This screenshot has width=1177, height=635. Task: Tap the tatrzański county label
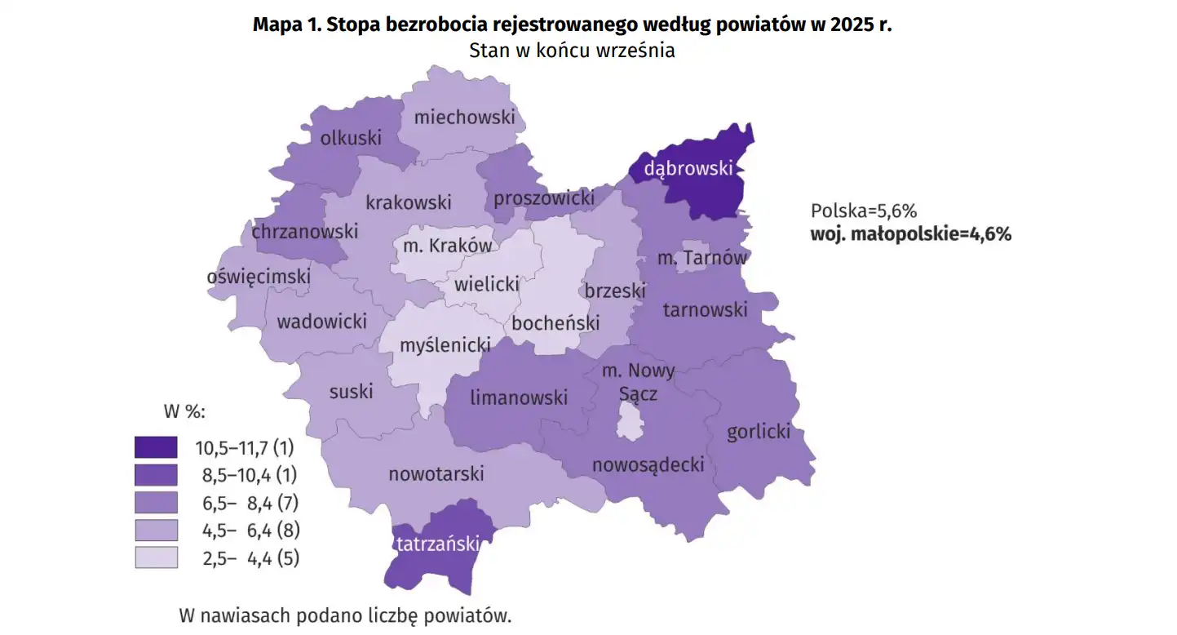click(436, 544)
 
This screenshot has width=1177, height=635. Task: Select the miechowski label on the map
click(465, 117)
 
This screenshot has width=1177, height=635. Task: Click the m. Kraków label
click(445, 246)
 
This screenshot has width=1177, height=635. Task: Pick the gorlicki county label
click(759, 431)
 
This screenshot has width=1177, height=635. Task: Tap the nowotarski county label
click(436, 473)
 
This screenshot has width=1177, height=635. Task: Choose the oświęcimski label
click(259, 277)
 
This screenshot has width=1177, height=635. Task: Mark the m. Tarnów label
click(702, 259)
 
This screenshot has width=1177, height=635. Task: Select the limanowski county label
click(519, 397)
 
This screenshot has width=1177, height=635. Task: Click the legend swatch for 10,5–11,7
click(156, 447)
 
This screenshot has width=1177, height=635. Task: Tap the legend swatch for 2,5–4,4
click(156, 558)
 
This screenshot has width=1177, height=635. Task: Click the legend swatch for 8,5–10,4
click(156, 475)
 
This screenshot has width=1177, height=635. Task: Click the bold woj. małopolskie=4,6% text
click(910, 234)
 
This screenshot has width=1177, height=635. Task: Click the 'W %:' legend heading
click(184, 411)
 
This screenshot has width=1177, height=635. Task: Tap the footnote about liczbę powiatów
click(345, 615)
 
